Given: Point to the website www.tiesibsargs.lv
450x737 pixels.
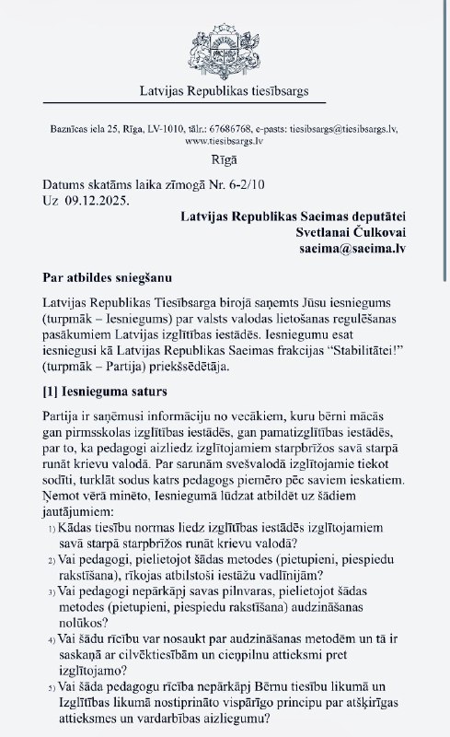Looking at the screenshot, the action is click(224, 142).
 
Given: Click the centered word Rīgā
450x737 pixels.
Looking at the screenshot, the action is click(224, 160).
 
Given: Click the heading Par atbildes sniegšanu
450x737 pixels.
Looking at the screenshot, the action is click(105, 277).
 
